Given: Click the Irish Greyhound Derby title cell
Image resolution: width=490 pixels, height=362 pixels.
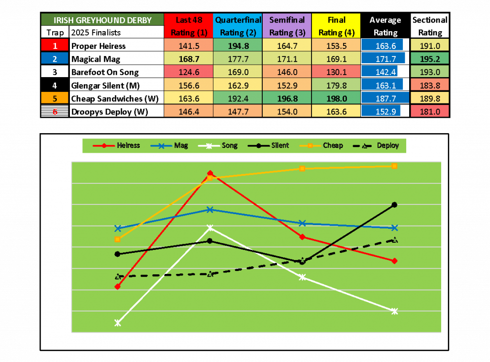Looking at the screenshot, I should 102,20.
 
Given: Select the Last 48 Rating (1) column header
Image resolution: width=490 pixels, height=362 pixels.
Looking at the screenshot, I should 189,26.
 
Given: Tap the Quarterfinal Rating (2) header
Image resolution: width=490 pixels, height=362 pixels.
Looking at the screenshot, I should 238,26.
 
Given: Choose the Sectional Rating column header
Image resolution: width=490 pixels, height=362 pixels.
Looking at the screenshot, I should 430,26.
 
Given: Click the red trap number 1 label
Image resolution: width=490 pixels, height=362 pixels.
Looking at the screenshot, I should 55,45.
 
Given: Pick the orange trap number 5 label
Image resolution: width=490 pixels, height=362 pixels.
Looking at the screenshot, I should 55,98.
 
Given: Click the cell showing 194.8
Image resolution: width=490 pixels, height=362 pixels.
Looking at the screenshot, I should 238,45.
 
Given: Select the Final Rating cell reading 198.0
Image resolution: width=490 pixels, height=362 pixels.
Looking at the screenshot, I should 335,99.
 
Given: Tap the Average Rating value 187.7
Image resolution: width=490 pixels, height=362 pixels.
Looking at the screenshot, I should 385,99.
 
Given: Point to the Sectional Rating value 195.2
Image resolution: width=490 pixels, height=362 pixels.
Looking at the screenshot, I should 430,59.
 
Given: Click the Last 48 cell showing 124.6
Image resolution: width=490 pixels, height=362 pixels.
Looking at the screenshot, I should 189,72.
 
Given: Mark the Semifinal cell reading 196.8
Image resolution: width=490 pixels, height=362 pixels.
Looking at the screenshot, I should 287,99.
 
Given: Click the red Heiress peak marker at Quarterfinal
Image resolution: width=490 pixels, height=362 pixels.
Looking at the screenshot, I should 210,173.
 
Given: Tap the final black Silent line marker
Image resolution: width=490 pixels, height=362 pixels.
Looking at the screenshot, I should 394,205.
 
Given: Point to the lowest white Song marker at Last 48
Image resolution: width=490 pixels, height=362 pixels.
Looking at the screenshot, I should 118,323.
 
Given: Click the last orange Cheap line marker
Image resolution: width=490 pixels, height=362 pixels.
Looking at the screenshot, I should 394,166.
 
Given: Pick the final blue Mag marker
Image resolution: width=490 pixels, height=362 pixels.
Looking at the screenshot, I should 394,228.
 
